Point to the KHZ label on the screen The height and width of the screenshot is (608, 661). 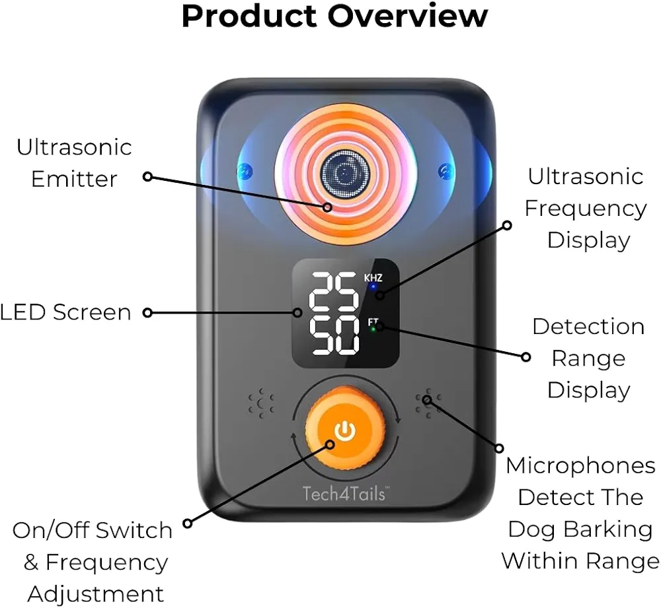373,278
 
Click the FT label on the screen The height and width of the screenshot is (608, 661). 373,322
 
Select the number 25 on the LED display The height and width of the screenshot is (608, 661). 334,291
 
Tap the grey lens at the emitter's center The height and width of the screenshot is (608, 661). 345,173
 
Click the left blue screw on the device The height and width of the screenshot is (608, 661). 245,172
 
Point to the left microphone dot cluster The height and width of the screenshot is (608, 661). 261,403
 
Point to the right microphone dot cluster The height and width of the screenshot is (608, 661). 428,403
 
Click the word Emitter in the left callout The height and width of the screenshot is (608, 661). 74,179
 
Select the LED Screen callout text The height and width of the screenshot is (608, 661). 65,312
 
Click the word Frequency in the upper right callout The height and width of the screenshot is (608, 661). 585,209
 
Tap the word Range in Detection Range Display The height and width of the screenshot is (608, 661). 588,359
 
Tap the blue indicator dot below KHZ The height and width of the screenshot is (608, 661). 373,287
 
